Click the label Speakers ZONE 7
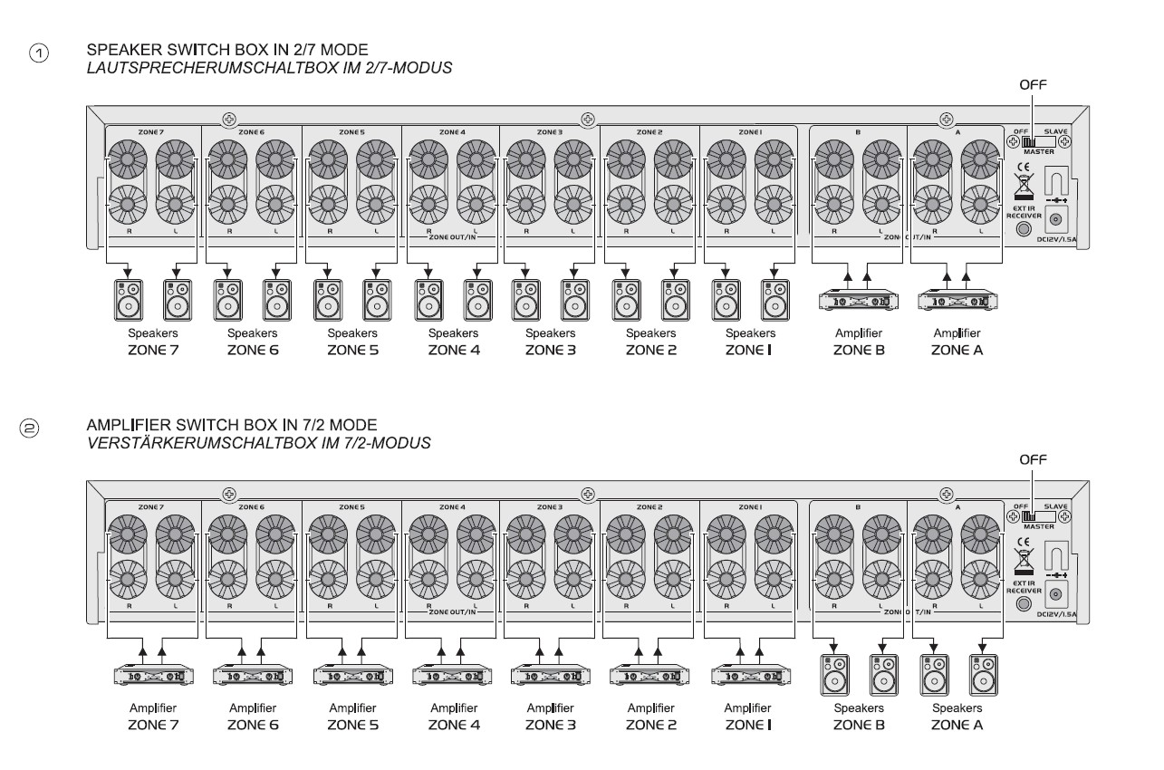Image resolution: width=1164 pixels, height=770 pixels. click(x=151, y=342)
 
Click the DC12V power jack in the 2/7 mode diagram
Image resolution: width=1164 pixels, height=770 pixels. click(x=1054, y=217)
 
